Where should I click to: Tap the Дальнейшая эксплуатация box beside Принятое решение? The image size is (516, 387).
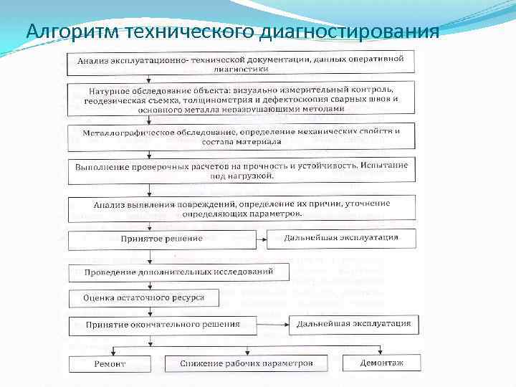tap(341, 238)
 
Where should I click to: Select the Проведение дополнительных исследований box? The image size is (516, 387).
tap(179, 273)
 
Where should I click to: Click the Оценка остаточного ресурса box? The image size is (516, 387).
tap(144, 297)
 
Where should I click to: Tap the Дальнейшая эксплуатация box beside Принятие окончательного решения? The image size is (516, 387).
tap(353, 324)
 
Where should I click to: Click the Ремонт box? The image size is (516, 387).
tap(110, 364)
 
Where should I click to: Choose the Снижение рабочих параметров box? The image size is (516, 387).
tap(247, 363)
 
